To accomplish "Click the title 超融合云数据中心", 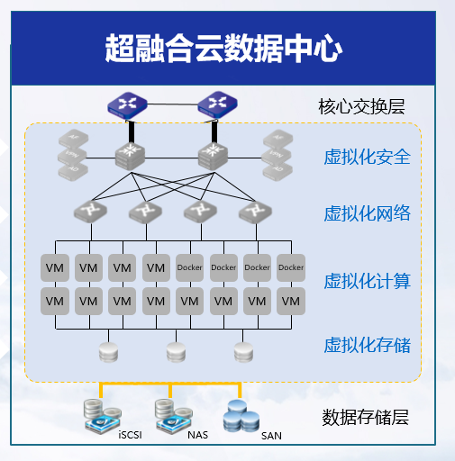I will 223,48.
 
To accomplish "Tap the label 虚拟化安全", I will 367,158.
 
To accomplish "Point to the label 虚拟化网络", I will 367,213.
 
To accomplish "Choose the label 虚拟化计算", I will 367,281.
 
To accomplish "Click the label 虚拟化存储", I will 367,345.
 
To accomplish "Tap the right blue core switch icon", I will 214,104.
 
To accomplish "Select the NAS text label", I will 197,436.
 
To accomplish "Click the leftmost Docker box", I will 190,267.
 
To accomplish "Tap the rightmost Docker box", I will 290,267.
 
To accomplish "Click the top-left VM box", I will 54,267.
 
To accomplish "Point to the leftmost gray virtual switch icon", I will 90,212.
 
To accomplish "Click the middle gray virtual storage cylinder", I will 175,350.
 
